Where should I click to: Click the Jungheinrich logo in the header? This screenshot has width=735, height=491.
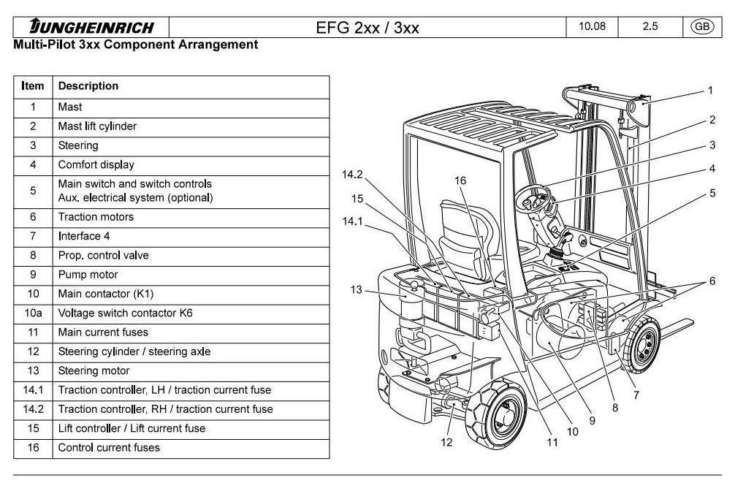pos(91,28)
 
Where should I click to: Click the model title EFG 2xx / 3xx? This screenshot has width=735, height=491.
pos(367,28)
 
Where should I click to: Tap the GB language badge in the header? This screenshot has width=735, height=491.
pos(702,27)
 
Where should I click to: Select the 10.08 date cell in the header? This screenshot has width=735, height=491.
pos(591,27)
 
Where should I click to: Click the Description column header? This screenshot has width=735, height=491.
pos(88,86)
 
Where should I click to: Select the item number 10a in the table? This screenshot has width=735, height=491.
pos(33,313)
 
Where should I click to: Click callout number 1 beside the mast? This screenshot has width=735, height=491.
pos(709,91)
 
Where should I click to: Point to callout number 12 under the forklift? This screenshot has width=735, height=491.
pos(446,441)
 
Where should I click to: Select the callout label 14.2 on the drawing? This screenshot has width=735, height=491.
pos(352,175)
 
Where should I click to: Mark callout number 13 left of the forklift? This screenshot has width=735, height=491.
pos(356,290)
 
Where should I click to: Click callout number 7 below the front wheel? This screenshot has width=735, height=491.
pos(636,395)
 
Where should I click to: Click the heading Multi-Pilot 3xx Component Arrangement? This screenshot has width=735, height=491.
pos(136,45)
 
